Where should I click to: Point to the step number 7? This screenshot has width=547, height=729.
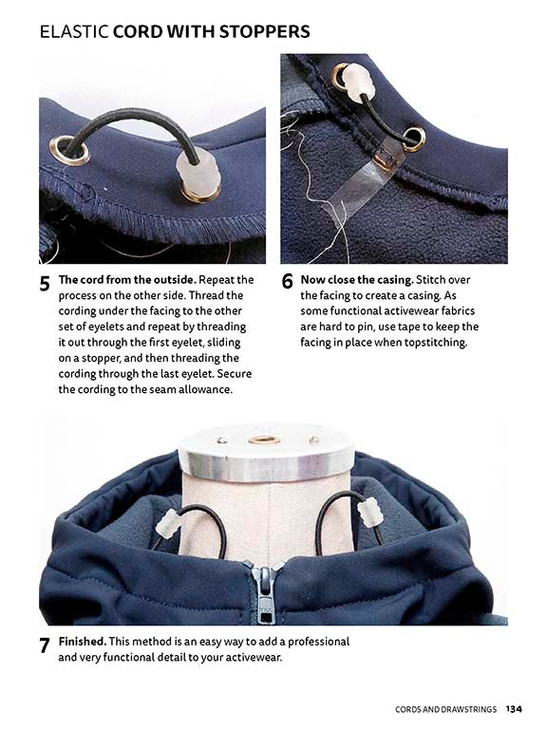tap(44, 646)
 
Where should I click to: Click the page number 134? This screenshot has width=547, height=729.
tap(514, 708)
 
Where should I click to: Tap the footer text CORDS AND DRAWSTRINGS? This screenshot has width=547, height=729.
tap(447, 708)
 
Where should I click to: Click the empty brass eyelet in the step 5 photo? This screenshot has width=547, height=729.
tap(70, 150)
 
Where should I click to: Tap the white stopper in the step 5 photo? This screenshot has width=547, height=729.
tap(200, 174)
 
